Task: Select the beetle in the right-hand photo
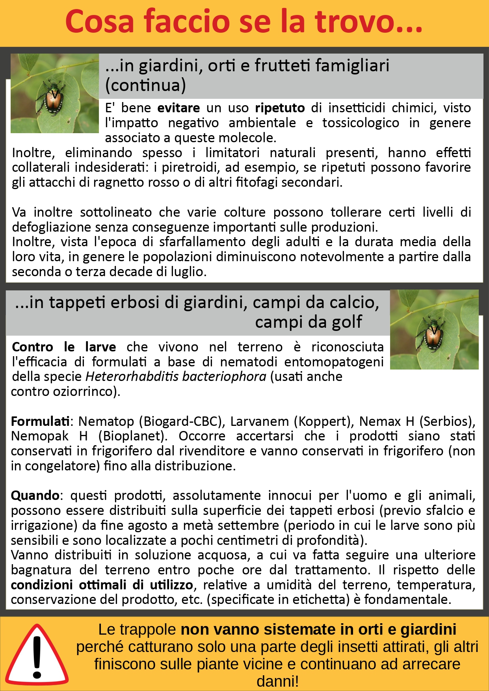(x=432, y=333)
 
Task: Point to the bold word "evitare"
(x=178, y=108)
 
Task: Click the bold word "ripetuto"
(x=280, y=108)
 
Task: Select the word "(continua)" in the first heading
(x=145, y=85)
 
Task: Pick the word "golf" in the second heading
(x=347, y=322)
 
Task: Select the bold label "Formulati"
(x=40, y=422)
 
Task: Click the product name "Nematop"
(x=106, y=422)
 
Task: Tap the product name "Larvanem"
(x=260, y=422)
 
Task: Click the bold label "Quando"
(x=35, y=496)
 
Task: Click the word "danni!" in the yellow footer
(x=277, y=681)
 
